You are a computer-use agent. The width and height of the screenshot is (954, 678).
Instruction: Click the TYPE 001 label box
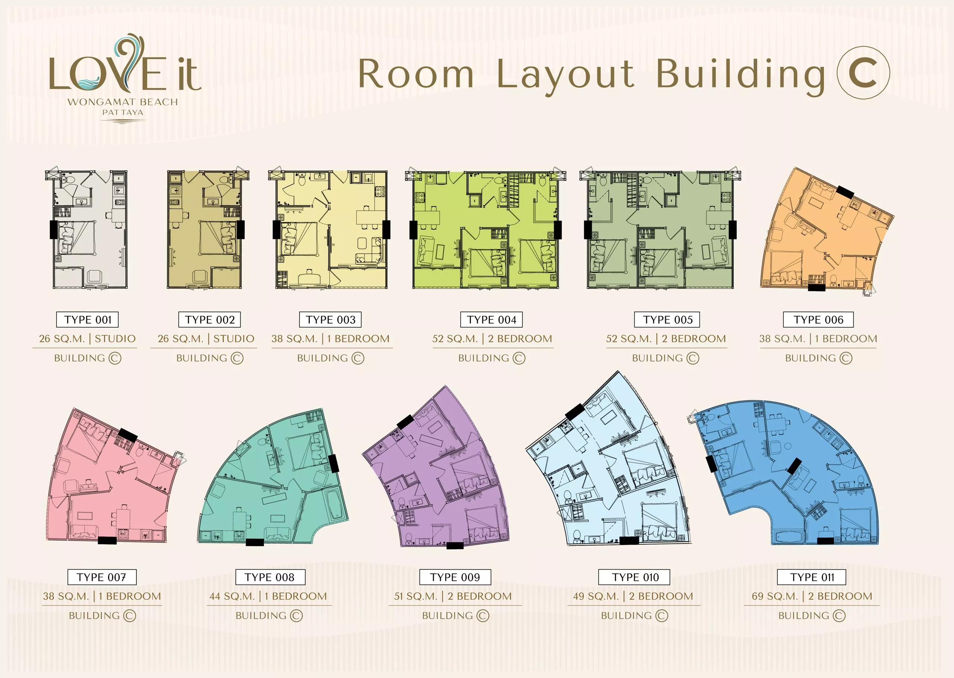click(87, 320)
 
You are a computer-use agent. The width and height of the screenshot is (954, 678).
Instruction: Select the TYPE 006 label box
click(818, 320)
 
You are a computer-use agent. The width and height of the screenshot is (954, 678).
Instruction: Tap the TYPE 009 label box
click(455, 577)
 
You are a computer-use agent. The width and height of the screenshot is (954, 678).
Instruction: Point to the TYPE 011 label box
click(812, 577)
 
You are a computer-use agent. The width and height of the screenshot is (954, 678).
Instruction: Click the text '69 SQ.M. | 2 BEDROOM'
click(812, 596)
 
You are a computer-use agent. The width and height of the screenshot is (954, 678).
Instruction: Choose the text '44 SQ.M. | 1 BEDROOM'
click(268, 596)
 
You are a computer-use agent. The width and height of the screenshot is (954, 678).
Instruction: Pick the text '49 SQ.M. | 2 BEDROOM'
click(633, 596)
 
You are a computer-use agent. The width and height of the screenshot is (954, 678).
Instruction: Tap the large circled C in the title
click(863, 73)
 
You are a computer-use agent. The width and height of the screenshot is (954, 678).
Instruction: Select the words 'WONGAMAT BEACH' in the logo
click(123, 102)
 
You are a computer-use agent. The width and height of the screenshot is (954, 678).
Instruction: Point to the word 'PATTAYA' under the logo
click(123, 112)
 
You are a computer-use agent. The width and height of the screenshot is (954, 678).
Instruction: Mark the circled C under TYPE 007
click(130, 616)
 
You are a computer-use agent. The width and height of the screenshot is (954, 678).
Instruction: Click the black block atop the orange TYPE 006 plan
click(845, 192)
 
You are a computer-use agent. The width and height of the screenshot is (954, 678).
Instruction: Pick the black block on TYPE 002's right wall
click(240, 230)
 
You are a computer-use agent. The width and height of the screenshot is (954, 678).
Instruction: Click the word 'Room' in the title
click(416, 74)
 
